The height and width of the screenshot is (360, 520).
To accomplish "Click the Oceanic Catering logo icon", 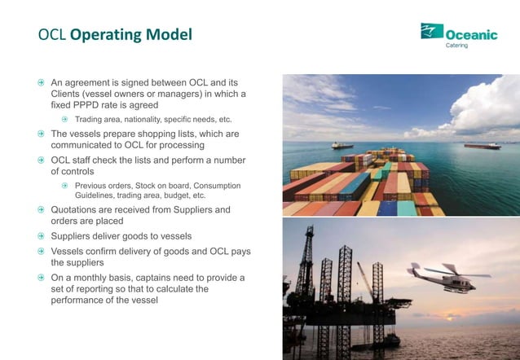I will point(431,32).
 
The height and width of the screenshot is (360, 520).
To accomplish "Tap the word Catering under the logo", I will point(456,45).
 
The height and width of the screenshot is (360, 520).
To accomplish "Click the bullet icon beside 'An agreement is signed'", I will point(41,83).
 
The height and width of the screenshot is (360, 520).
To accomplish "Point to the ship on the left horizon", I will point(342,145).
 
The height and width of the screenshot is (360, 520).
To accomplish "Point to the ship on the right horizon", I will point(482,146).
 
